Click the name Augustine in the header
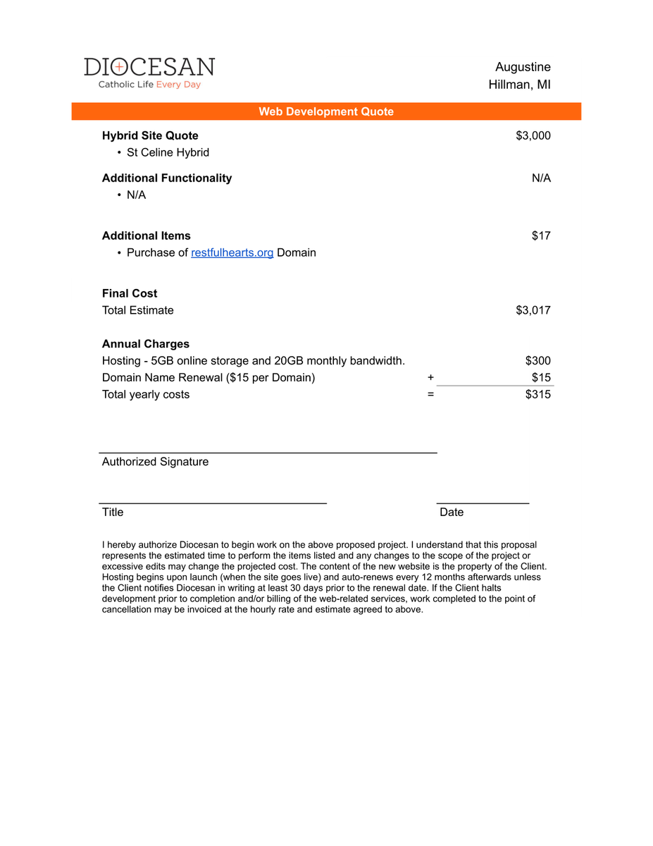[523, 67]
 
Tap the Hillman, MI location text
[519, 85]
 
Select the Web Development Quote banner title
[326, 111]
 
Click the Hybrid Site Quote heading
[150, 135]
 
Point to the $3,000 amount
[533, 135]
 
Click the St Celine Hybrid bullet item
[168, 152]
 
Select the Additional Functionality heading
[167, 178]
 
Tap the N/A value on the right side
[541, 178]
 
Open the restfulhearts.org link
[232, 252]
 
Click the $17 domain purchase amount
[541, 235]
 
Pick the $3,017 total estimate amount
[533, 310]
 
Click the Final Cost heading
[130, 293]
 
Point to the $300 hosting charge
[538, 361]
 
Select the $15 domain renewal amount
[541, 377]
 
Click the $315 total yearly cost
[538, 394]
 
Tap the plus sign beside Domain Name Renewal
[430, 377]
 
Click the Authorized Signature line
[268, 452]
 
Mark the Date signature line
[483, 503]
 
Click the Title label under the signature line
[113, 512]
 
